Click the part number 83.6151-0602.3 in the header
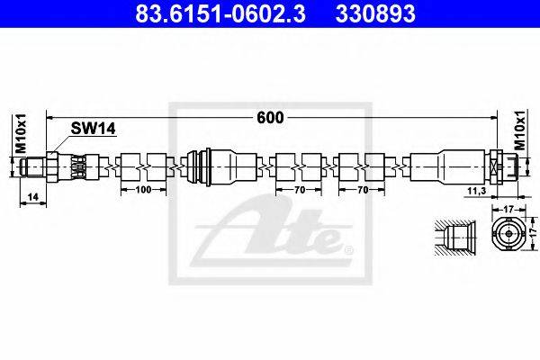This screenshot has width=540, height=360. [x=220, y=13]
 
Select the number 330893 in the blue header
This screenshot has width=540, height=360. [x=375, y=13]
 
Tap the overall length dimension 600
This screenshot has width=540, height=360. [x=270, y=118]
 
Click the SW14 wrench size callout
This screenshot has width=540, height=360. [x=93, y=129]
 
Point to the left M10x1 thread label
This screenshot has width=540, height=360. [x=22, y=132]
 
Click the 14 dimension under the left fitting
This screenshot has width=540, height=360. [x=32, y=197]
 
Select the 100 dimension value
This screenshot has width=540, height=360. [x=143, y=190]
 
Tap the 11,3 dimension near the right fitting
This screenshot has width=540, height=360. [x=477, y=191]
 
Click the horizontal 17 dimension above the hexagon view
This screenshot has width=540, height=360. [x=508, y=209]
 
